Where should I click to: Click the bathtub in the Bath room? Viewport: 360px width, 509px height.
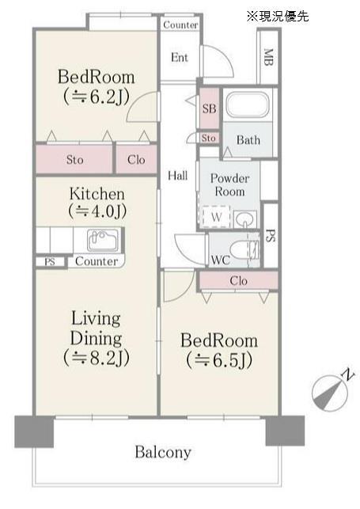coord(248,104)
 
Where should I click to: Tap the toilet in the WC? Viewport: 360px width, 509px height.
coord(244,250)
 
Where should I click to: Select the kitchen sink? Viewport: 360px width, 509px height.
coord(103,241)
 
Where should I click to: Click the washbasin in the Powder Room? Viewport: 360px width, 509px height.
coord(244,219)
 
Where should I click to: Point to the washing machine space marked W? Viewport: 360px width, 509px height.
coord(216,217)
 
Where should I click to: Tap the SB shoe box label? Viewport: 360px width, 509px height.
coord(209,108)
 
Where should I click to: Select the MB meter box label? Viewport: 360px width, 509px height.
coord(268,57)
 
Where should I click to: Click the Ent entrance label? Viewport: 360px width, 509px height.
coord(180,58)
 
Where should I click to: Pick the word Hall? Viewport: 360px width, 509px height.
coord(177,176)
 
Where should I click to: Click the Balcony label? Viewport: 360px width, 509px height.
coord(163,452)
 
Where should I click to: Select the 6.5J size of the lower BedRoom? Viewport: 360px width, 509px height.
coord(219,360)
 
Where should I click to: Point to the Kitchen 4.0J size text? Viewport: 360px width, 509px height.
coord(97,211)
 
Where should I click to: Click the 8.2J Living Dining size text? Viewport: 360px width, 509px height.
coord(97,357)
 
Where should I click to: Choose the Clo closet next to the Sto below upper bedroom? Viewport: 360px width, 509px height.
coord(136,160)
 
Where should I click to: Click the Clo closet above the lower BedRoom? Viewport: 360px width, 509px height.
coord(238,280)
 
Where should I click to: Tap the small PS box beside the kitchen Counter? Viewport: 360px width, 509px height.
coord(50,262)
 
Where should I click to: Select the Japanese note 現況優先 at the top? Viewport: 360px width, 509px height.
coord(278,17)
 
